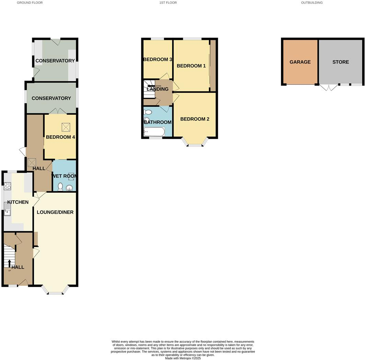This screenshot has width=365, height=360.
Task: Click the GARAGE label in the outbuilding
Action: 300,62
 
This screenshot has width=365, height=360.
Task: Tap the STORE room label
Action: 340,62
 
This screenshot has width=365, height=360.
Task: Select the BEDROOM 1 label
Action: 191,66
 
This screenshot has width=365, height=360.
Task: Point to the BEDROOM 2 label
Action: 195,119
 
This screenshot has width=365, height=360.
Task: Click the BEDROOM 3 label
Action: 157,59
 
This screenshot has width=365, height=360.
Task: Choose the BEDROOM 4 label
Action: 60,137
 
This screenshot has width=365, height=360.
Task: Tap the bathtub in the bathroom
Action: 154,132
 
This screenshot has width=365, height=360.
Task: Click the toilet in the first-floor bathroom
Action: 148,112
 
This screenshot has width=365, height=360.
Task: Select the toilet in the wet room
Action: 60,187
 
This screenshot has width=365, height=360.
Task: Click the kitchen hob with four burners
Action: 7,186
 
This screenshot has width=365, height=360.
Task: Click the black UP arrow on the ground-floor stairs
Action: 9,263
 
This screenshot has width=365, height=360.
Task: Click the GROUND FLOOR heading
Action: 30,3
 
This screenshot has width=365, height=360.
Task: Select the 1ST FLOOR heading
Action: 168,3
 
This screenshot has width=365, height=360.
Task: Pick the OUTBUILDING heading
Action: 312,3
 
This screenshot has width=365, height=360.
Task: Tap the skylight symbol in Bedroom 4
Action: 66,127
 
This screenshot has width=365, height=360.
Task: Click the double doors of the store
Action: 329,87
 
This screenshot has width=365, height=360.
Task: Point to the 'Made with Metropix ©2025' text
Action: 182,358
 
